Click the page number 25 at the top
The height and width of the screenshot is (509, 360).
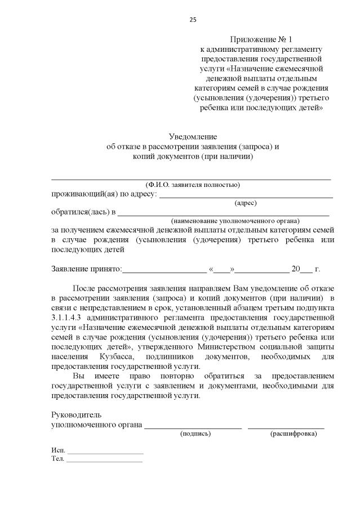pyautogui.click(x=193, y=20)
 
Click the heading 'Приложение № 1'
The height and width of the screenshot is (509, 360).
pyautogui.click(x=262, y=39)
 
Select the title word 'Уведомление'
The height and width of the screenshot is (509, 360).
pyautogui.click(x=193, y=137)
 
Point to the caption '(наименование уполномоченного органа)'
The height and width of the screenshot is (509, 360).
pyautogui.click(x=235, y=221)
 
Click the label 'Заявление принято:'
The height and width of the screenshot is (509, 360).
pyautogui.click(x=86, y=269)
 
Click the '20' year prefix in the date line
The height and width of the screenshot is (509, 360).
pyautogui.click(x=295, y=269)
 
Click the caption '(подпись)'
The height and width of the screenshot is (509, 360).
pyautogui.click(x=195, y=434)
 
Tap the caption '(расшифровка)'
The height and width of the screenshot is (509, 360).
pyautogui.click(x=293, y=434)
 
